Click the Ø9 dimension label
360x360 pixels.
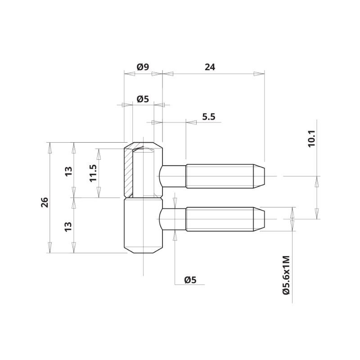(143, 67)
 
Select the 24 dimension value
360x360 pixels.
(210, 67)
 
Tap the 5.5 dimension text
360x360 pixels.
(209, 117)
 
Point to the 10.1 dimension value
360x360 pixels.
(312, 139)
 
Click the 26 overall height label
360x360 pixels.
(45, 202)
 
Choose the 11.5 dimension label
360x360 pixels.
(93, 173)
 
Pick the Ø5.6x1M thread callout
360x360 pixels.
(286, 275)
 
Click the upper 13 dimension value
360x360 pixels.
(68, 171)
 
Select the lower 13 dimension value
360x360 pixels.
(68, 227)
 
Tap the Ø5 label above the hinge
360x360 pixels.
(143, 99)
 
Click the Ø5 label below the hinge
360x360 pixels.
(190, 280)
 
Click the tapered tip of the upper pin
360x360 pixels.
(259, 176)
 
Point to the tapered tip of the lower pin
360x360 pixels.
(259, 219)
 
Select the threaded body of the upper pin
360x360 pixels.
(220, 176)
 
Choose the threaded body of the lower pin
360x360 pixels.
(220, 219)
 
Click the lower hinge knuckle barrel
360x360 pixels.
(143, 225)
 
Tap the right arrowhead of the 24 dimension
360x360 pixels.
(259, 74)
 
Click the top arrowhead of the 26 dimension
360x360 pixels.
(49, 148)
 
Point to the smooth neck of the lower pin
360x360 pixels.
(172, 219)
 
